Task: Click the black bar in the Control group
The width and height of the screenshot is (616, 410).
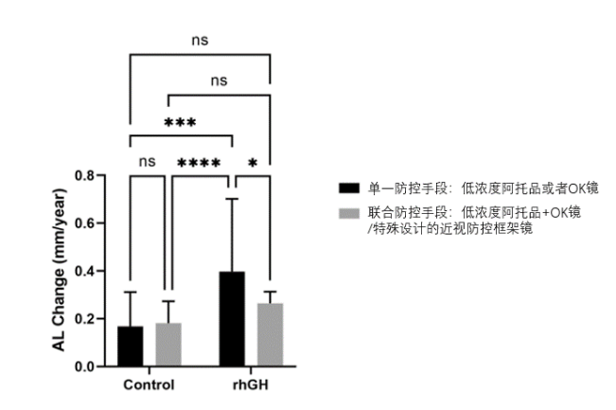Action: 131,346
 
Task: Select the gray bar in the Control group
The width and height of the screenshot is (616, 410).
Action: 167,345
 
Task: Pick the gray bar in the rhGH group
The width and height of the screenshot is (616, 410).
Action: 270,334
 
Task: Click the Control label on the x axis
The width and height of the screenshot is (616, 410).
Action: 149,386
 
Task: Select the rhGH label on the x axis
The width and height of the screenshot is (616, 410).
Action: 251,386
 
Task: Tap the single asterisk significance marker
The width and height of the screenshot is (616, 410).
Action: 252,163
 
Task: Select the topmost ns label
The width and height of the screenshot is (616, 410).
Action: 200,40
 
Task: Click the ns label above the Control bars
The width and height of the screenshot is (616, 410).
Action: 147,161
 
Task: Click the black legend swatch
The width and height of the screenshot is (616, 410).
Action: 349,187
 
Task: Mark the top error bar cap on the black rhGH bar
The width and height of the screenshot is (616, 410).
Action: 232,198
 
